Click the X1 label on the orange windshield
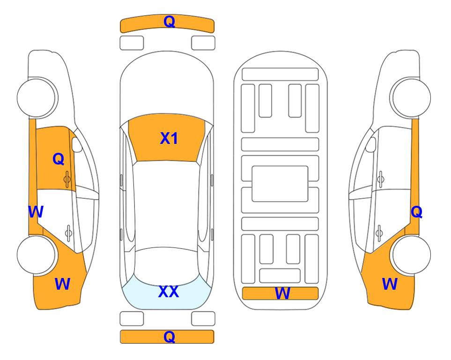169,138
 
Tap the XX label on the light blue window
169,292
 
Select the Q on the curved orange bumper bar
169,22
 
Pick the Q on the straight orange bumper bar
169,337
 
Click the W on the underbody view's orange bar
282,293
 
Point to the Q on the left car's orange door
59,159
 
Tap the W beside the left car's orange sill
36,212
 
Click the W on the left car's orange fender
62,284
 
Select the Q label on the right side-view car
416,212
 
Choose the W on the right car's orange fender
390,284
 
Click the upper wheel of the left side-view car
37,97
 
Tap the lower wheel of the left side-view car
37,255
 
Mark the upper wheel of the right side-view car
410,97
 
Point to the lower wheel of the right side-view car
411,255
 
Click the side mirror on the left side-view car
77,144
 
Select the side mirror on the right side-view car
370,144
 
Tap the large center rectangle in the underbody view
280,184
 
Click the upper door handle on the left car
67,180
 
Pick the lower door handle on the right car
379,233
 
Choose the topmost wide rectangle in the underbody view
280,75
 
